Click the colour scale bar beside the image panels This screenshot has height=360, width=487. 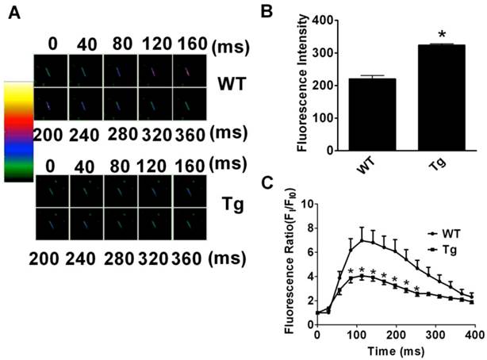[17, 132]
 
